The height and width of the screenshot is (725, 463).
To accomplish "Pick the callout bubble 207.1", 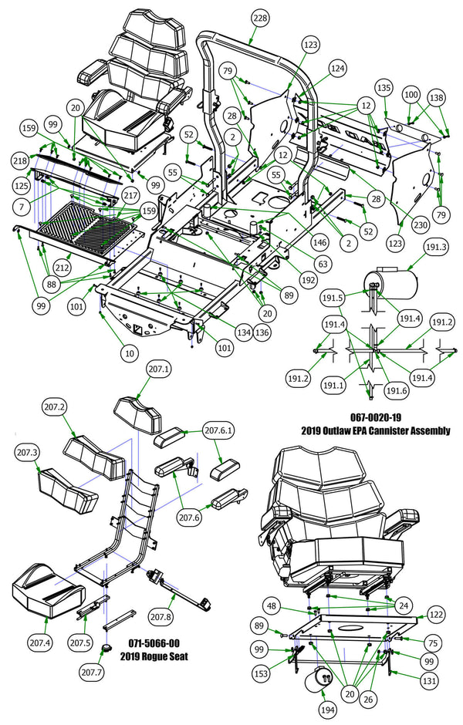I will [159, 369].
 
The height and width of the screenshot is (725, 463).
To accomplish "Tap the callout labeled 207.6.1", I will [222, 430].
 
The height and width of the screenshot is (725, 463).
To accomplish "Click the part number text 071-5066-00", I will [154, 642].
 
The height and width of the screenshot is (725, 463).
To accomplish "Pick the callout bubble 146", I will [319, 241].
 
